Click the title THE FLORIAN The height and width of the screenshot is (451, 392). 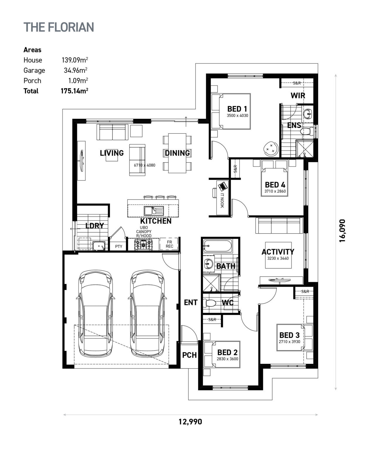pyautogui.click(x=59, y=27)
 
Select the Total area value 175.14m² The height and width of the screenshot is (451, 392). pyautogui.click(x=75, y=91)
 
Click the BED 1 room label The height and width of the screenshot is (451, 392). pyautogui.click(x=237, y=109)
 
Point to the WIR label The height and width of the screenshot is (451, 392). pyautogui.click(x=298, y=95)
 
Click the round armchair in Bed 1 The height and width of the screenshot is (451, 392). pyautogui.click(x=271, y=148)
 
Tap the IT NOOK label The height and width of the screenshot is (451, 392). pyautogui.click(x=222, y=200)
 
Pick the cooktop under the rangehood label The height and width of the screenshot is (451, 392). pyautogui.click(x=143, y=244)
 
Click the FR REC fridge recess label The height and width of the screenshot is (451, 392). pyautogui.click(x=169, y=244)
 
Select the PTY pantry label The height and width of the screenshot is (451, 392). pyautogui.click(x=119, y=246)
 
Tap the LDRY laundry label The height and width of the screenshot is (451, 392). pyautogui.click(x=94, y=226)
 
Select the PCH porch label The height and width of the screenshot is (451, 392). pyautogui.click(x=190, y=355)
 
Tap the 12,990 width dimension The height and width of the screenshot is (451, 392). pyautogui.click(x=190, y=422)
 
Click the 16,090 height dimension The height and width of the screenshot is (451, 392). pyautogui.click(x=342, y=230)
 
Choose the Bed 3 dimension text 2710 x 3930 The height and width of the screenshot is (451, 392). pyautogui.click(x=289, y=341)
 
